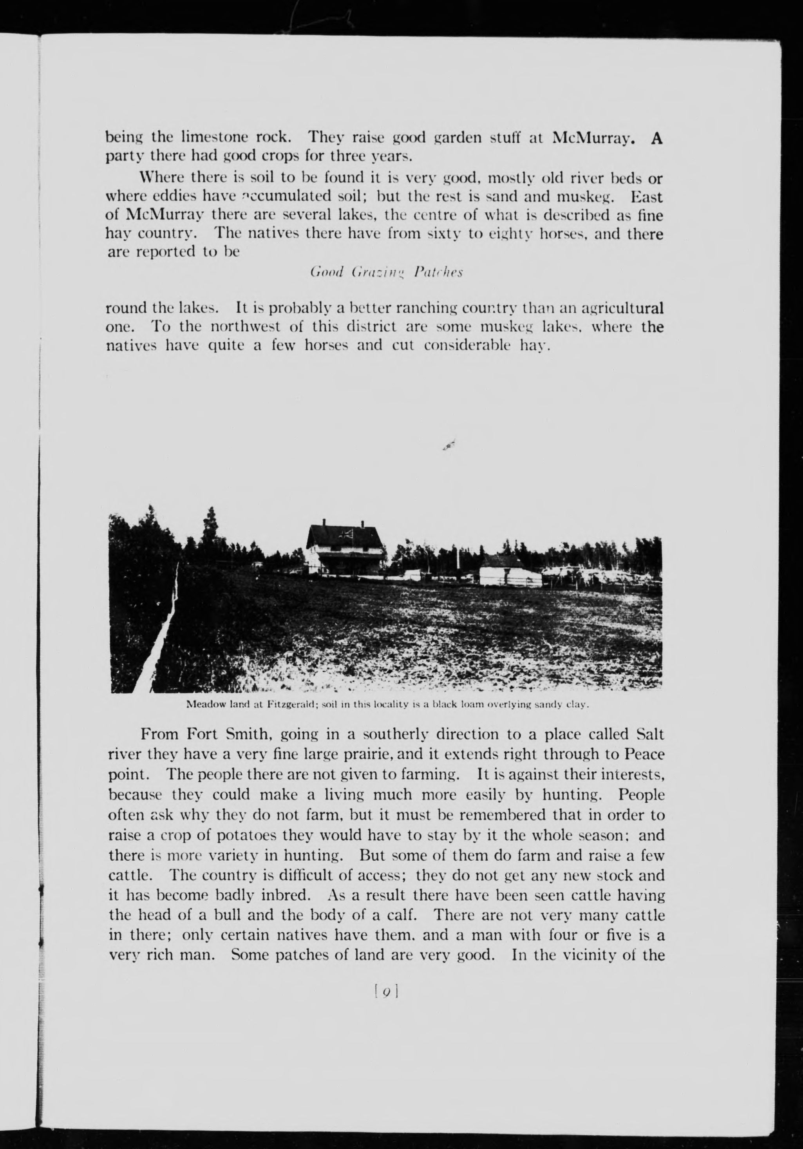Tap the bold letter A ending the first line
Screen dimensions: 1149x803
coord(657,138)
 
